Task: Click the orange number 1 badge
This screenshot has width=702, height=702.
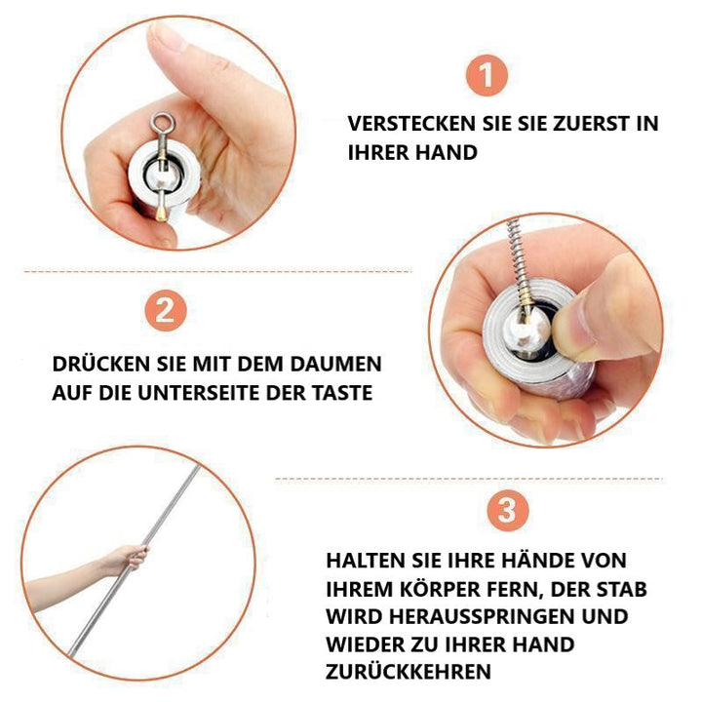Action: pos(487,75)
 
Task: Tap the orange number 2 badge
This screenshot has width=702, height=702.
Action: pos(166,310)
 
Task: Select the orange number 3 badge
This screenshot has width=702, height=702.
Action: pos(507,510)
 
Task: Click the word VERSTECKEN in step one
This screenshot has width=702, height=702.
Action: pos(411,124)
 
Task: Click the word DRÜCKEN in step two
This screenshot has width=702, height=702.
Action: pos(100,364)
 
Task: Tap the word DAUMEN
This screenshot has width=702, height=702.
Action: pos(335,364)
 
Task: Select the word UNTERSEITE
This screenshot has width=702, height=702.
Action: pos(198,393)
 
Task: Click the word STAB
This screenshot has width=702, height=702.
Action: pos(621,589)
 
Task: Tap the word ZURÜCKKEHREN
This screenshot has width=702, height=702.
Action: pos(409,671)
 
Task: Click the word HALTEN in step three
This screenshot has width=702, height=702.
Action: pos(363,561)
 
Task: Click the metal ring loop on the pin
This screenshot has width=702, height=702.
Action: pos(162,122)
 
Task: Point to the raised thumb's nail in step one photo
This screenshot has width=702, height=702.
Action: pos(167,37)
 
